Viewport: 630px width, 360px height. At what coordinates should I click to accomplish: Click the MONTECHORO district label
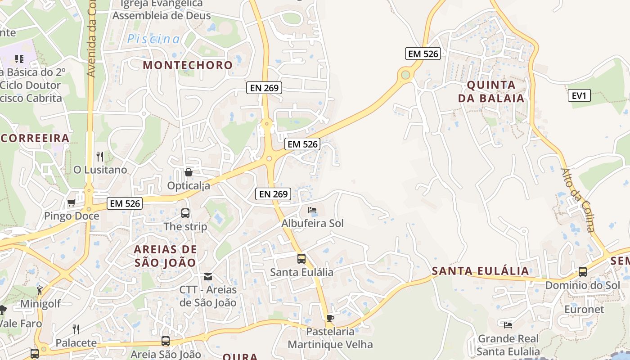click(188, 65)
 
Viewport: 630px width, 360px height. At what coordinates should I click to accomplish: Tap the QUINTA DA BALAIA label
click(491, 91)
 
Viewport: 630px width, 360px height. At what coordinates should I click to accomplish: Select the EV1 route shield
click(579, 95)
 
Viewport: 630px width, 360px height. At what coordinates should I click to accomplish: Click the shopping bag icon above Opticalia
click(189, 172)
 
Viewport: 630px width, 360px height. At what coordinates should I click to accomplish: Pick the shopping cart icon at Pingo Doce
click(71, 203)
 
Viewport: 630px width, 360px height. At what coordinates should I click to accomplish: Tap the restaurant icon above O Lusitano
click(100, 157)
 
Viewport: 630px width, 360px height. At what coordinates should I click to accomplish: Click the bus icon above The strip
click(185, 213)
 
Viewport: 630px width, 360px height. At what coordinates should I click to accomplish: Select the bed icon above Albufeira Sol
click(312, 210)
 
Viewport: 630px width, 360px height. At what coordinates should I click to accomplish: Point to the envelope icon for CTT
click(208, 276)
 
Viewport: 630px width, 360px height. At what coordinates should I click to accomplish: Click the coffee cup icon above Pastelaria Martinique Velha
click(330, 319)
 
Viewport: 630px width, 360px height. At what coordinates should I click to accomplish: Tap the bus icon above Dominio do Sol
click(582, 272)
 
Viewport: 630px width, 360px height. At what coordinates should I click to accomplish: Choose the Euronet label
click(584, 310)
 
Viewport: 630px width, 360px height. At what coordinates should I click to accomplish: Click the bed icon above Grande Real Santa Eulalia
click(508, 325)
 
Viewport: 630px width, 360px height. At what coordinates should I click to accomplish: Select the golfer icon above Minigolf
click(40, 290)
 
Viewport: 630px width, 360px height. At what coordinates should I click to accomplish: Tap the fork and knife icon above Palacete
click(76, 329)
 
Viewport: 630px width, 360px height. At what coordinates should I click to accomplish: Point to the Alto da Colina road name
click(578, 200)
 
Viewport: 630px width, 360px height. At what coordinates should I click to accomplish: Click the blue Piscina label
click(153, 39)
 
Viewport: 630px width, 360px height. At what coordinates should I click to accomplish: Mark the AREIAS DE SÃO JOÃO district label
click(166, 256)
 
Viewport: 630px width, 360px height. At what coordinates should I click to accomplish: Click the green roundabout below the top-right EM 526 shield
click(406, 74)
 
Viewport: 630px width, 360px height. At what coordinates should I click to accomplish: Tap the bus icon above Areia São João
click(166, 341)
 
